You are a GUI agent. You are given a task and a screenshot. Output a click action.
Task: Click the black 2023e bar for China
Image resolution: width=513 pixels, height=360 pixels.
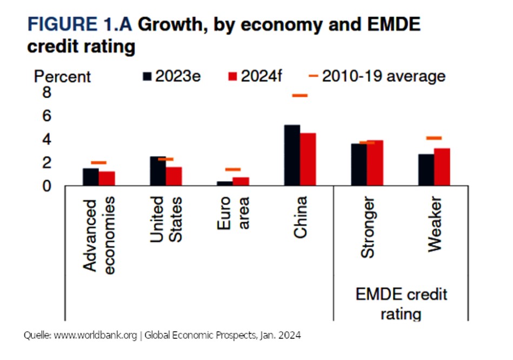point(292,156)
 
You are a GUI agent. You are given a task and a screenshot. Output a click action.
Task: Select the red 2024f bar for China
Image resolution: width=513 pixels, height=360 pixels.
point(308,159)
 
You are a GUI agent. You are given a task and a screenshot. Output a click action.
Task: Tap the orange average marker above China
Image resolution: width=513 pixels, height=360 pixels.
point(299,96)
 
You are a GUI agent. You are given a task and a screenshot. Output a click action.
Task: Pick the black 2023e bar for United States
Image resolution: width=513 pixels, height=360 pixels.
point(158,171)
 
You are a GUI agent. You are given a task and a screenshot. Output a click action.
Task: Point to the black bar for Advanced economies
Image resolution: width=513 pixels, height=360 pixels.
point(91,177)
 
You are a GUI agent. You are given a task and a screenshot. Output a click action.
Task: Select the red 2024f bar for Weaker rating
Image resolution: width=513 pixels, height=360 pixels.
point(442,167)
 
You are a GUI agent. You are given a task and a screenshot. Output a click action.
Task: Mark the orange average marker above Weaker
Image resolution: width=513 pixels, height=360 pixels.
point(434,138)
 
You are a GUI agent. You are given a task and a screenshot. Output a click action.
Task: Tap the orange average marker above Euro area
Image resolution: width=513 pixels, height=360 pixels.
point(232,170)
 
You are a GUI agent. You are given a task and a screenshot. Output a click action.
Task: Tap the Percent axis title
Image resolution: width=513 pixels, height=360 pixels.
point(62,77)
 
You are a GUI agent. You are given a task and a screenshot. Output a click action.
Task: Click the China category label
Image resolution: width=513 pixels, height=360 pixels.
point(300,217)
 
